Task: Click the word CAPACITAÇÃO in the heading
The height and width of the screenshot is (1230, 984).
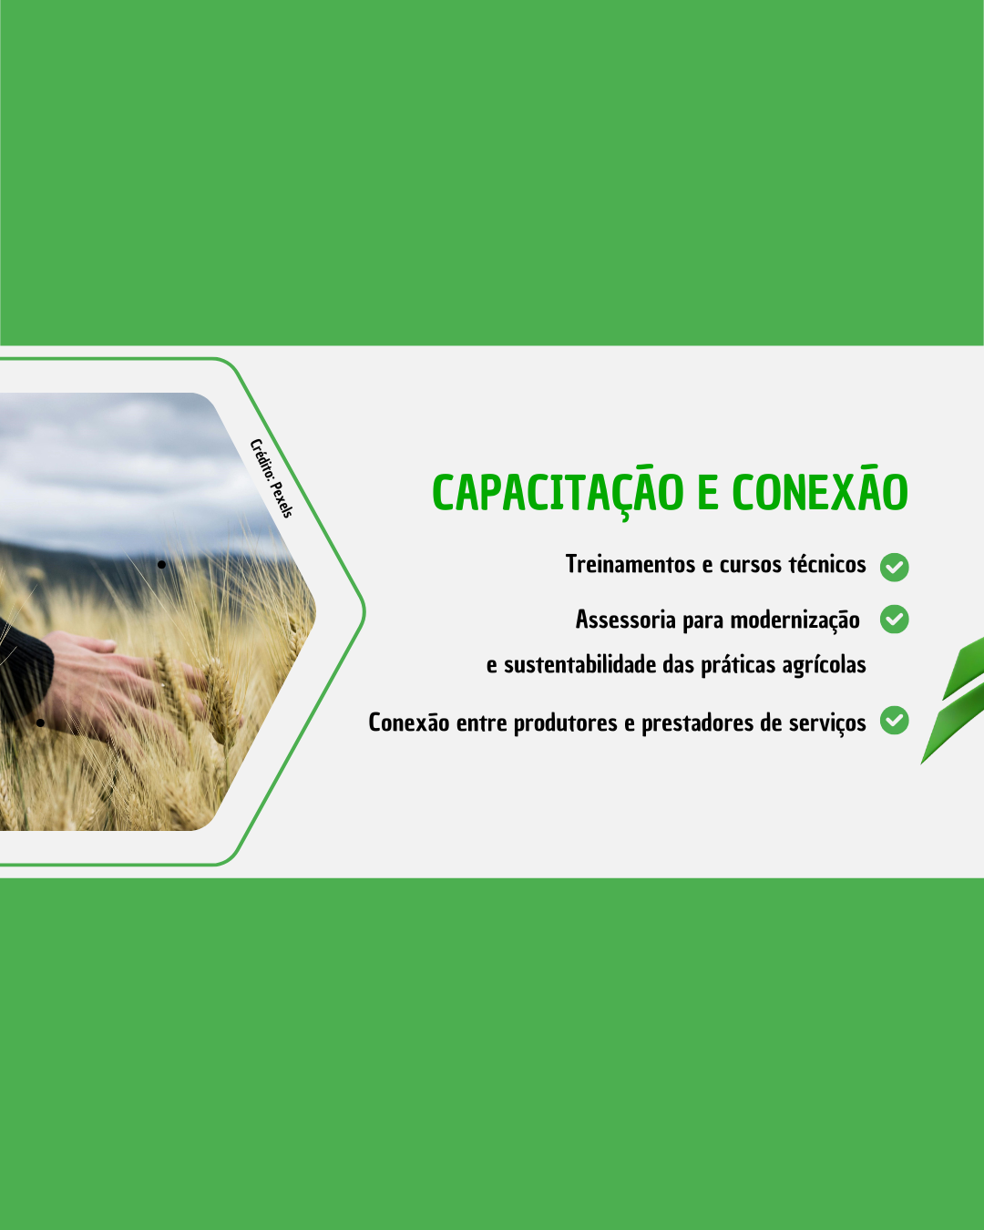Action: (558, 492)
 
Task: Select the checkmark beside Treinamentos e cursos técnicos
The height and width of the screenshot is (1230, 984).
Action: (894, 567)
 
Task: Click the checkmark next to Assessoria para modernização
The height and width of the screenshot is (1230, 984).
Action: (894, 619)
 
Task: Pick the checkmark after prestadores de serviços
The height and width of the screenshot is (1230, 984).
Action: (894, 720)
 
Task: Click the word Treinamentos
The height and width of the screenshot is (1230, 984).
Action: (630, 564)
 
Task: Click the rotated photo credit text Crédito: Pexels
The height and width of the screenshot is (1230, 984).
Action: (272, 478)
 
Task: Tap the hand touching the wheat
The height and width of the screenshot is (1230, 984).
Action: (126, 682)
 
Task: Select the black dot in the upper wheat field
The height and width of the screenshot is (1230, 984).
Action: (162, 565)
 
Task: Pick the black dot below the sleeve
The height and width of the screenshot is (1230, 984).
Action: (40, 723)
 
